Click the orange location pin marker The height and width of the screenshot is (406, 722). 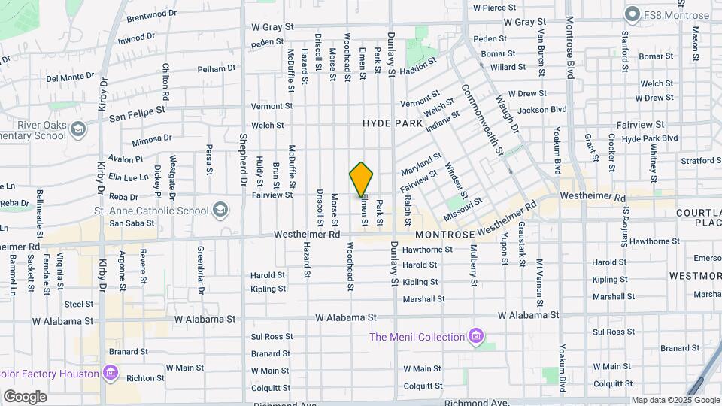pyautogui.click(x=361, y=179)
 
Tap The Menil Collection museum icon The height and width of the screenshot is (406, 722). pyautogui.click(x=475, y=335)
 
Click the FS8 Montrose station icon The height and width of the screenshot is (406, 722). pyautogui.click(x=633, y=14)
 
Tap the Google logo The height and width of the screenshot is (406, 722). pyautogui.click(x=25, y=396)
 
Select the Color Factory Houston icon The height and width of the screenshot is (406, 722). pyautogui.click(x=110, y=373)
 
